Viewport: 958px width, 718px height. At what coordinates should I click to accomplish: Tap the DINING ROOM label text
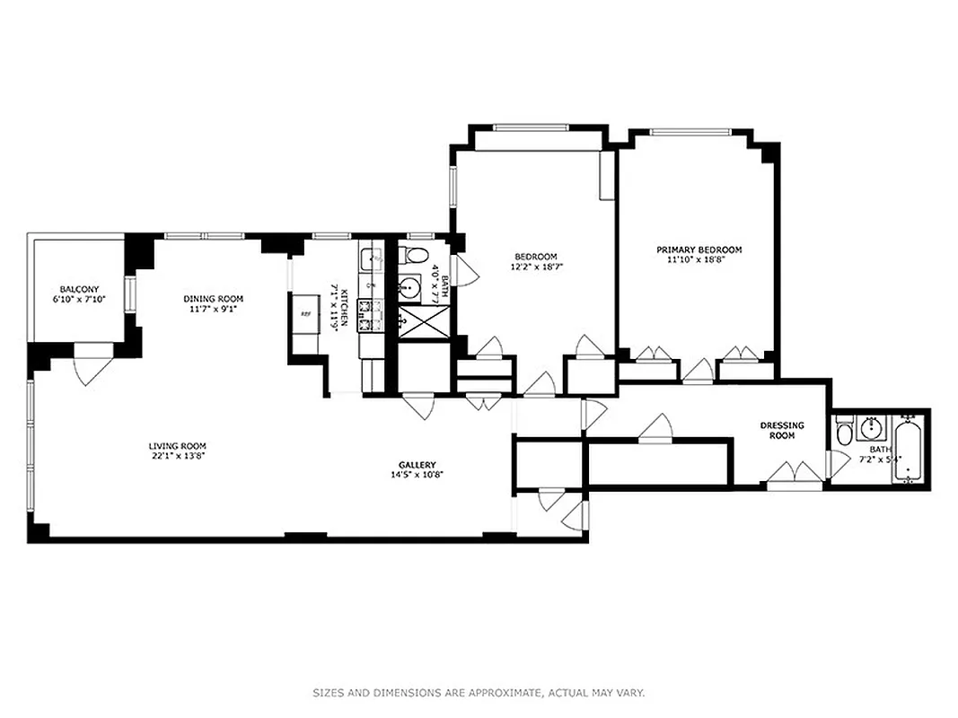[x=214, y=299]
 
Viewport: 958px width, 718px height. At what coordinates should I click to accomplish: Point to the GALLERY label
[x=417, y=464]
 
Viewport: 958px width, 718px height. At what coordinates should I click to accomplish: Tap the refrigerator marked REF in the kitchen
[x=305, y=314]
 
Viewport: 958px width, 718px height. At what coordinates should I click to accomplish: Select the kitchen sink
[x=371, y=259]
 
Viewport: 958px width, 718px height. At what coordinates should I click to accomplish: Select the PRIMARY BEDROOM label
[x=699, y=250]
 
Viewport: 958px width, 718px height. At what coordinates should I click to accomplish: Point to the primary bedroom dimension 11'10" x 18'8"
[x=699, y=260]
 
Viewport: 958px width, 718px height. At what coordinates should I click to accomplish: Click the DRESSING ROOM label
[x=782, y=430]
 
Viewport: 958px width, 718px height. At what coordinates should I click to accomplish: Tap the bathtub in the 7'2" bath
[x=910, y=452]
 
